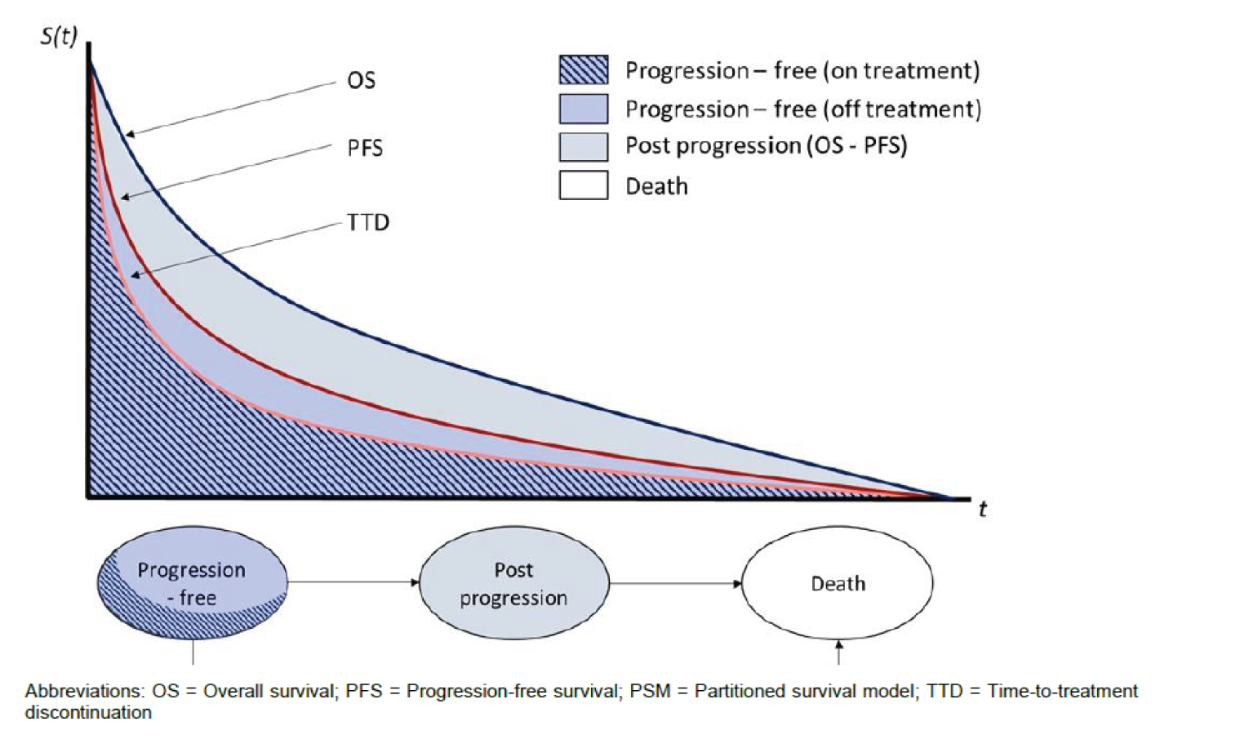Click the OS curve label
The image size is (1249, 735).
[361, 80]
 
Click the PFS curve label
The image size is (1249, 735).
[364, 148]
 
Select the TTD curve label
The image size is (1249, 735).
[367, 222]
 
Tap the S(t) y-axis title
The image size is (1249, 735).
[59, 37]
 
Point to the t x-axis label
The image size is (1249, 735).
[982, 510]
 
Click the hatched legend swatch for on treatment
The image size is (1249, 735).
[583, 70]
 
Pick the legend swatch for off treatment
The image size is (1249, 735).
[583, 109]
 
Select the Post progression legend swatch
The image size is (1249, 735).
[583, 147]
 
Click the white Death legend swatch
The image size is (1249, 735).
[583, 185]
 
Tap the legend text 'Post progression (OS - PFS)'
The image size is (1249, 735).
[766, 146]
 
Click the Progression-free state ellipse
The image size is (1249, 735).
[193, 583]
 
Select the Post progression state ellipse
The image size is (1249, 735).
[513, 583]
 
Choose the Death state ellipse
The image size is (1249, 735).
[838, 583]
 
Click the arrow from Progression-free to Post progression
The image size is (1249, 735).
[353, 582]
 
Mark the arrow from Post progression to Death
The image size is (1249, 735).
[675, 583]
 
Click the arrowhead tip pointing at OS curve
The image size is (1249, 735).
[128, 134]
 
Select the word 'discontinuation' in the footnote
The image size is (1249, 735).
[88, 712]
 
